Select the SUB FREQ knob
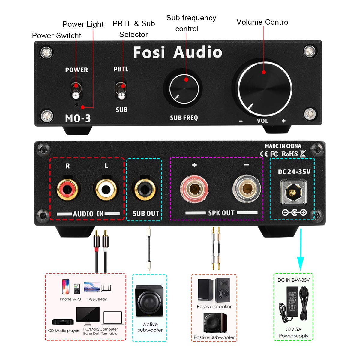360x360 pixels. [x=184, y=89]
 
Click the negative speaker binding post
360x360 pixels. [x=246, y=189]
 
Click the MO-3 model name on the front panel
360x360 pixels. [x=78, y=118]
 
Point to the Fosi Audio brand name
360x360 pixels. [x=178, y=52]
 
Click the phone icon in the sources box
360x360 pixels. [x=65, y=287]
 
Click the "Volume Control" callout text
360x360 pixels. [x=263, y=22]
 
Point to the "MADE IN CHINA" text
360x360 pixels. [x=283, y=146]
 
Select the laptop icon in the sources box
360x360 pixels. [x=112, y=318]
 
